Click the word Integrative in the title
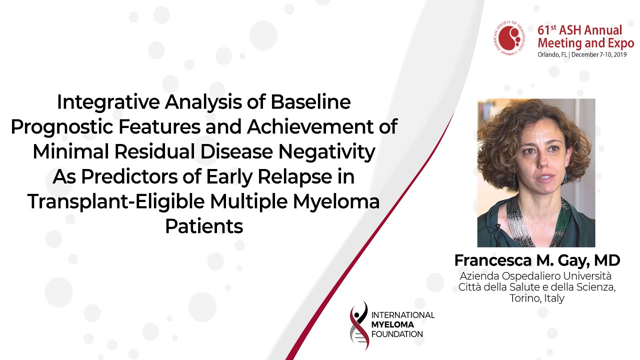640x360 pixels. point(108,102)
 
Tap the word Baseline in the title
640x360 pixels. point(310,102)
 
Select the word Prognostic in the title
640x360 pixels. point(61,127)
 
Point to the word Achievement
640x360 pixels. point(310,127)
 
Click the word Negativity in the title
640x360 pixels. point(326,151)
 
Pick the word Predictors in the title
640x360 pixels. point(129,177)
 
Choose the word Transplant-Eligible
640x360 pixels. point(116,201)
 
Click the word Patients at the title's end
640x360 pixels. point(204,226)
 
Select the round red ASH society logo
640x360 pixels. point(510,38)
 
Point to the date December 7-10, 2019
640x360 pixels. point(599,54)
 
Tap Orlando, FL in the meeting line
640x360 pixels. point(552,54)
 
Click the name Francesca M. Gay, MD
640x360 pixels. point(537,260)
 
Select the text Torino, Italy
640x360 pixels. point(537,298)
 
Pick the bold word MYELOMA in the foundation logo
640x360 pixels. point(392,324)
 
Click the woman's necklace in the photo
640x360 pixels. point(531,220)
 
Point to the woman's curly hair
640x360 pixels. point(503,134)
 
